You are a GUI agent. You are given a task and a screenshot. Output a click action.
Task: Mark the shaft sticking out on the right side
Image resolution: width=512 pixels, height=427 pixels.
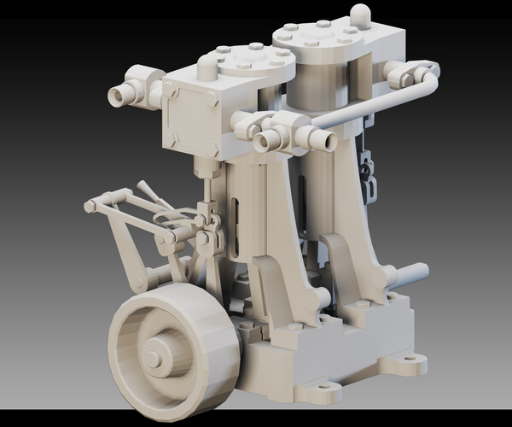(411, 275)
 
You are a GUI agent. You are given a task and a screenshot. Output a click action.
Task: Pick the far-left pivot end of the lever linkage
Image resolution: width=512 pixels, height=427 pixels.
(90, 206)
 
